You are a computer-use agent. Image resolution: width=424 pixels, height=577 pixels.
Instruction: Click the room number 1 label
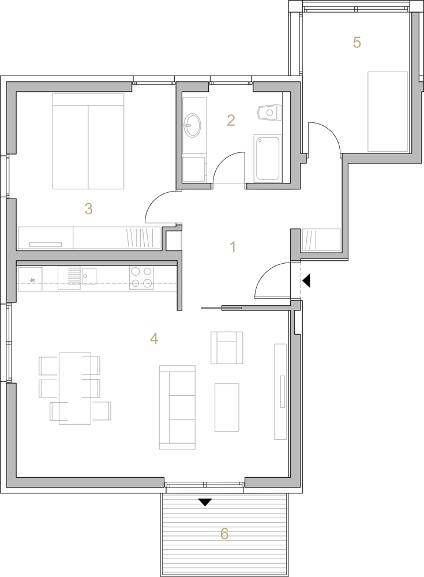click(232, 246)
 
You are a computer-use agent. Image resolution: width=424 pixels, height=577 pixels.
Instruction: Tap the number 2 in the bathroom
click(231, 121)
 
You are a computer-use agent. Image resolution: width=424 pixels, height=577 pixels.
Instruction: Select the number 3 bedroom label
click(88, 209)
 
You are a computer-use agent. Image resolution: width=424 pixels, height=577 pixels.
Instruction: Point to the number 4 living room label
click(154, 338)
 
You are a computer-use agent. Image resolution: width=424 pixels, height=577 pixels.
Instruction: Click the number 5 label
click(357, 42)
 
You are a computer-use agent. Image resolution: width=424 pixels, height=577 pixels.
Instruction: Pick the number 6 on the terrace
click(224, 533)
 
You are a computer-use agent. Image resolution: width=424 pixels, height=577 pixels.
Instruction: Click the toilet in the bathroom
click(269, 113)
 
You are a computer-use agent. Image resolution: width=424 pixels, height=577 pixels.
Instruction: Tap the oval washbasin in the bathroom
click(193, 125)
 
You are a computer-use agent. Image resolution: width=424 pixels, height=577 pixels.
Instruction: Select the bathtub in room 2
click(268, 158)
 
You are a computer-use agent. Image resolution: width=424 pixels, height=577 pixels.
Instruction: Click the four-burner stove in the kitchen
click(141, 277)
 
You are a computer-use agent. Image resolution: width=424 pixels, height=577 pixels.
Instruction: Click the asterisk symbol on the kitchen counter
click(32, 281)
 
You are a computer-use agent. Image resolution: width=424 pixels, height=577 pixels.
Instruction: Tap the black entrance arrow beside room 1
click(307, 280)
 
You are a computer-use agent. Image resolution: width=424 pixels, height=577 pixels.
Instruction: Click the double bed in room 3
click(88, 141)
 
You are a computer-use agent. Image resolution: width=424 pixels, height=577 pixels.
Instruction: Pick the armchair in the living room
click(227, 348)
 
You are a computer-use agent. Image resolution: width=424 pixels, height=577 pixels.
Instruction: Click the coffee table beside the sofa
click(227, 407)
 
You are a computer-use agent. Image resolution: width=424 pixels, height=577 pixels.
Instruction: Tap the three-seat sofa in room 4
click(177, 407)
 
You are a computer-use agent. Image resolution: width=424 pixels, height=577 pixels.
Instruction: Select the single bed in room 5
click(388, 111)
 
